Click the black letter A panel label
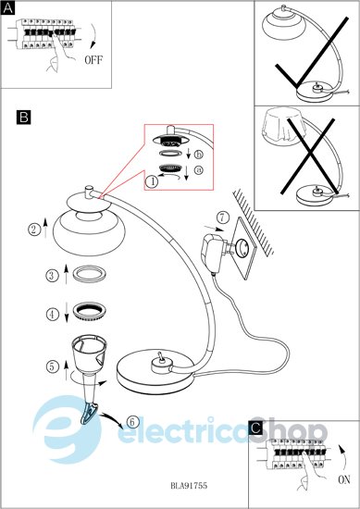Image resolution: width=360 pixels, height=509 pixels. coord(7,8)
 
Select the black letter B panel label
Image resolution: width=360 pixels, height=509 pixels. coord(24,118)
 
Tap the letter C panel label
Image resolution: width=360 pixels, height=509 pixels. coord(255,428)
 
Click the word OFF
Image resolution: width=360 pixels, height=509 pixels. coord(93,60)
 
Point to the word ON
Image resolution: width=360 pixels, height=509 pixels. coord(344,479)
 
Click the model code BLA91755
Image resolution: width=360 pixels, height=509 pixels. coord(189,486)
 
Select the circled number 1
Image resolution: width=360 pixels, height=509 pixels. coord(152,181)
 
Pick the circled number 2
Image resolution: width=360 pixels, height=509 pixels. coord(33,230)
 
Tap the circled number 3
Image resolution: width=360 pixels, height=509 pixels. coord(52,276)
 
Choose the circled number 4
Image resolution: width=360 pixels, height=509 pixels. coord(53,315)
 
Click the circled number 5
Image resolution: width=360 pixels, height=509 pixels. coord(52,366)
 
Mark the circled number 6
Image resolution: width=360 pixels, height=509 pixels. coord(131,422)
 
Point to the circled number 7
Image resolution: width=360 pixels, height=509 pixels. coord(222,217)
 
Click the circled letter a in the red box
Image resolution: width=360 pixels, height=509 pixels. coord(199,169)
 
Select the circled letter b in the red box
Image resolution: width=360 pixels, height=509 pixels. coord(199,155)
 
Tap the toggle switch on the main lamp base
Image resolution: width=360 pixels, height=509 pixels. coord(160,357)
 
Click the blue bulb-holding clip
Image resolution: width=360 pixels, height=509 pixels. coord(88,413)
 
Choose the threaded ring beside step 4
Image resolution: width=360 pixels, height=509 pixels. coord(90,312)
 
